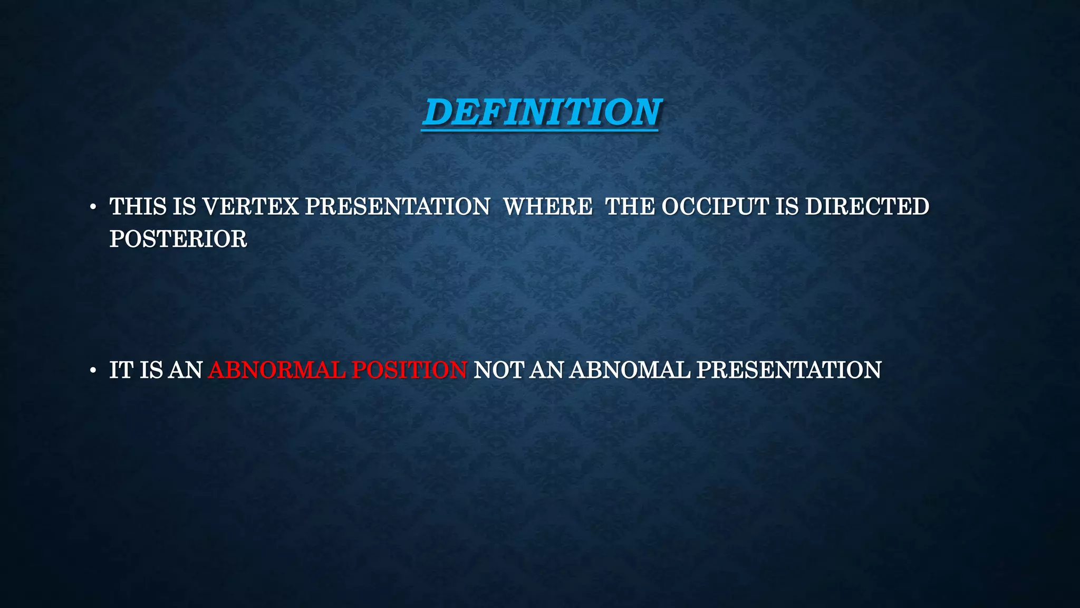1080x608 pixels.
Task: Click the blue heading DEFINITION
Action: tap(541, 112)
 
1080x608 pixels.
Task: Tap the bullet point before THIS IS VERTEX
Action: tap(93, 207)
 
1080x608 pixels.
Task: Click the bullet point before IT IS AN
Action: tap(93, 371)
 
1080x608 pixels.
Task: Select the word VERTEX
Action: tap(250, 206)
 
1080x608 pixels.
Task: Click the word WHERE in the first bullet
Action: tap(547, 206)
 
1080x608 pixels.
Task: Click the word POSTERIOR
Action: tap(178, 239)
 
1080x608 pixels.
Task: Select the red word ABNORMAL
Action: tap(276, 370)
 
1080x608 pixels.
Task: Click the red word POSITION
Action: tap(409, 370)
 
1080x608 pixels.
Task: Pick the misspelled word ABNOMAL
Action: tap(630, 370)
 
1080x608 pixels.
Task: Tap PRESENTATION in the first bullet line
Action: tap(397, 206)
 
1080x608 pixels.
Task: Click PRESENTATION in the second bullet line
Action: tap(788, 370)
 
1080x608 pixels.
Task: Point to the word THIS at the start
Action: tap(138, 206)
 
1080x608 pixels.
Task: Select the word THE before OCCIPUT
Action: tap(630, 206)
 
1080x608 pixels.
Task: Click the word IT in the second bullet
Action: tap(121, 370)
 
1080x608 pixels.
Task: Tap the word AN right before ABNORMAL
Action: tap(186, 370)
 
